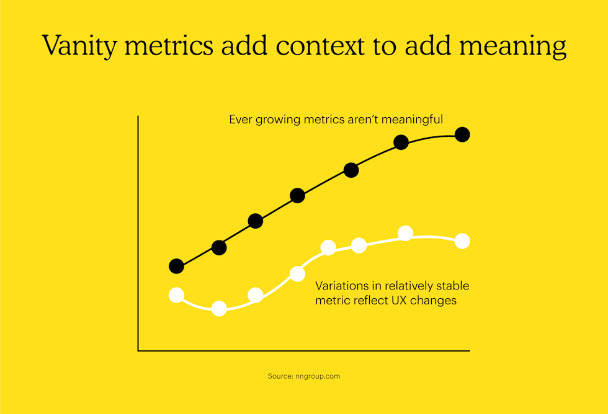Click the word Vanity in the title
(x=76, y=46)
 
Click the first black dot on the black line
(x=177, y=266)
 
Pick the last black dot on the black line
(x=462, y=134)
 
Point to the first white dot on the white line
(x=177, y=295)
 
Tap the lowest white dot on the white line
(x=219, y=308)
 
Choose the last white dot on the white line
(x=462, y=241)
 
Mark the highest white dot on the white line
(x=405, y=233)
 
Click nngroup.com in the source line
(x=320, y=376)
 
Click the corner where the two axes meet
(x=138, y=351)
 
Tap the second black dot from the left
(x=219, y=247)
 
